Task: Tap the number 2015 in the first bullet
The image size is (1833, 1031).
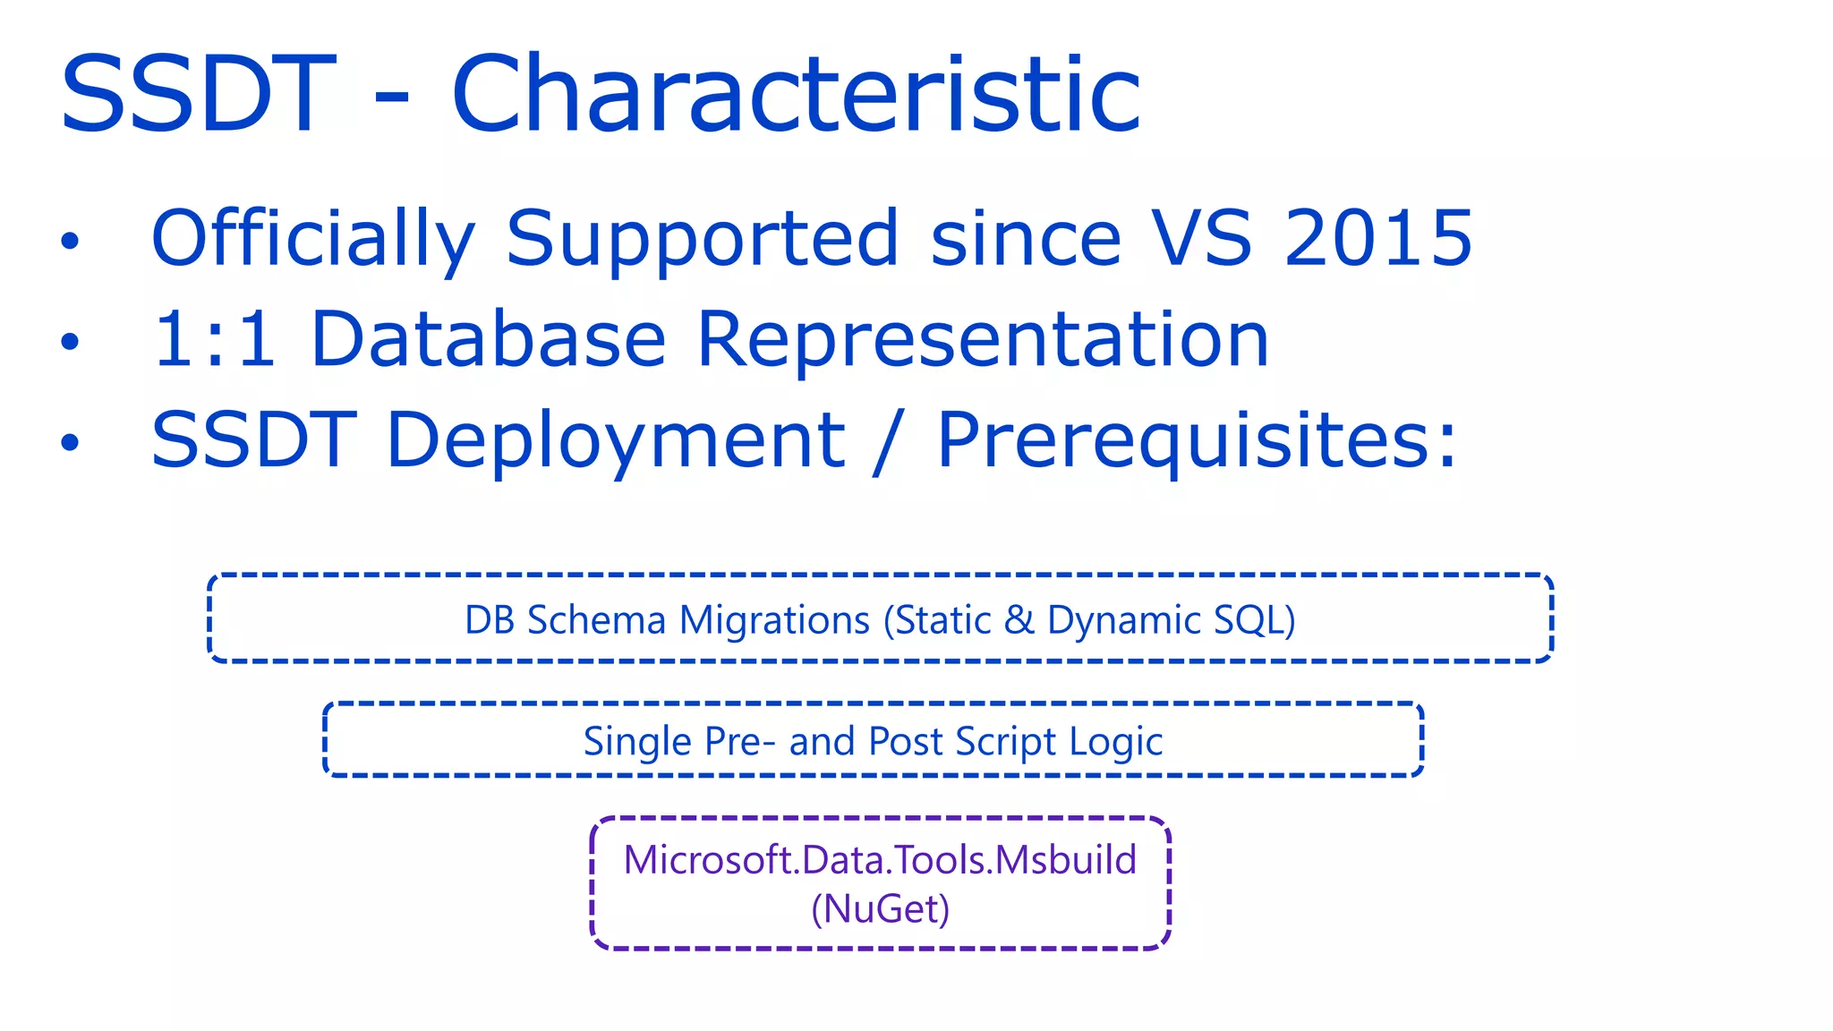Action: [1377, 238]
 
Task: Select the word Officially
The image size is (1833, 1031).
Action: [312, 238]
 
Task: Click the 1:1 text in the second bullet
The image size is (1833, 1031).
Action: [214, 339]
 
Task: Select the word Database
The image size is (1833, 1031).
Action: [488, 339]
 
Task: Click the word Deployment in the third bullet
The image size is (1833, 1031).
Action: [615, 440]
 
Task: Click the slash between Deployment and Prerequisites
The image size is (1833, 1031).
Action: [890, 440]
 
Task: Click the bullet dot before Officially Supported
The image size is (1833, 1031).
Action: [70, 241]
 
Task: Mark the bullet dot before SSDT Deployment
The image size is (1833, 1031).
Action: [70, 442]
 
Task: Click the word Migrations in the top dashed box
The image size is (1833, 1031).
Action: [774, 620]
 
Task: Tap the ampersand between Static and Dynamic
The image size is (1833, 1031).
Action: [1019, 620]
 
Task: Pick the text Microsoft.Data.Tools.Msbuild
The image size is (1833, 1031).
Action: [880, 860]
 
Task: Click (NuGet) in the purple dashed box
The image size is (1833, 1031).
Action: [880, 909]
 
